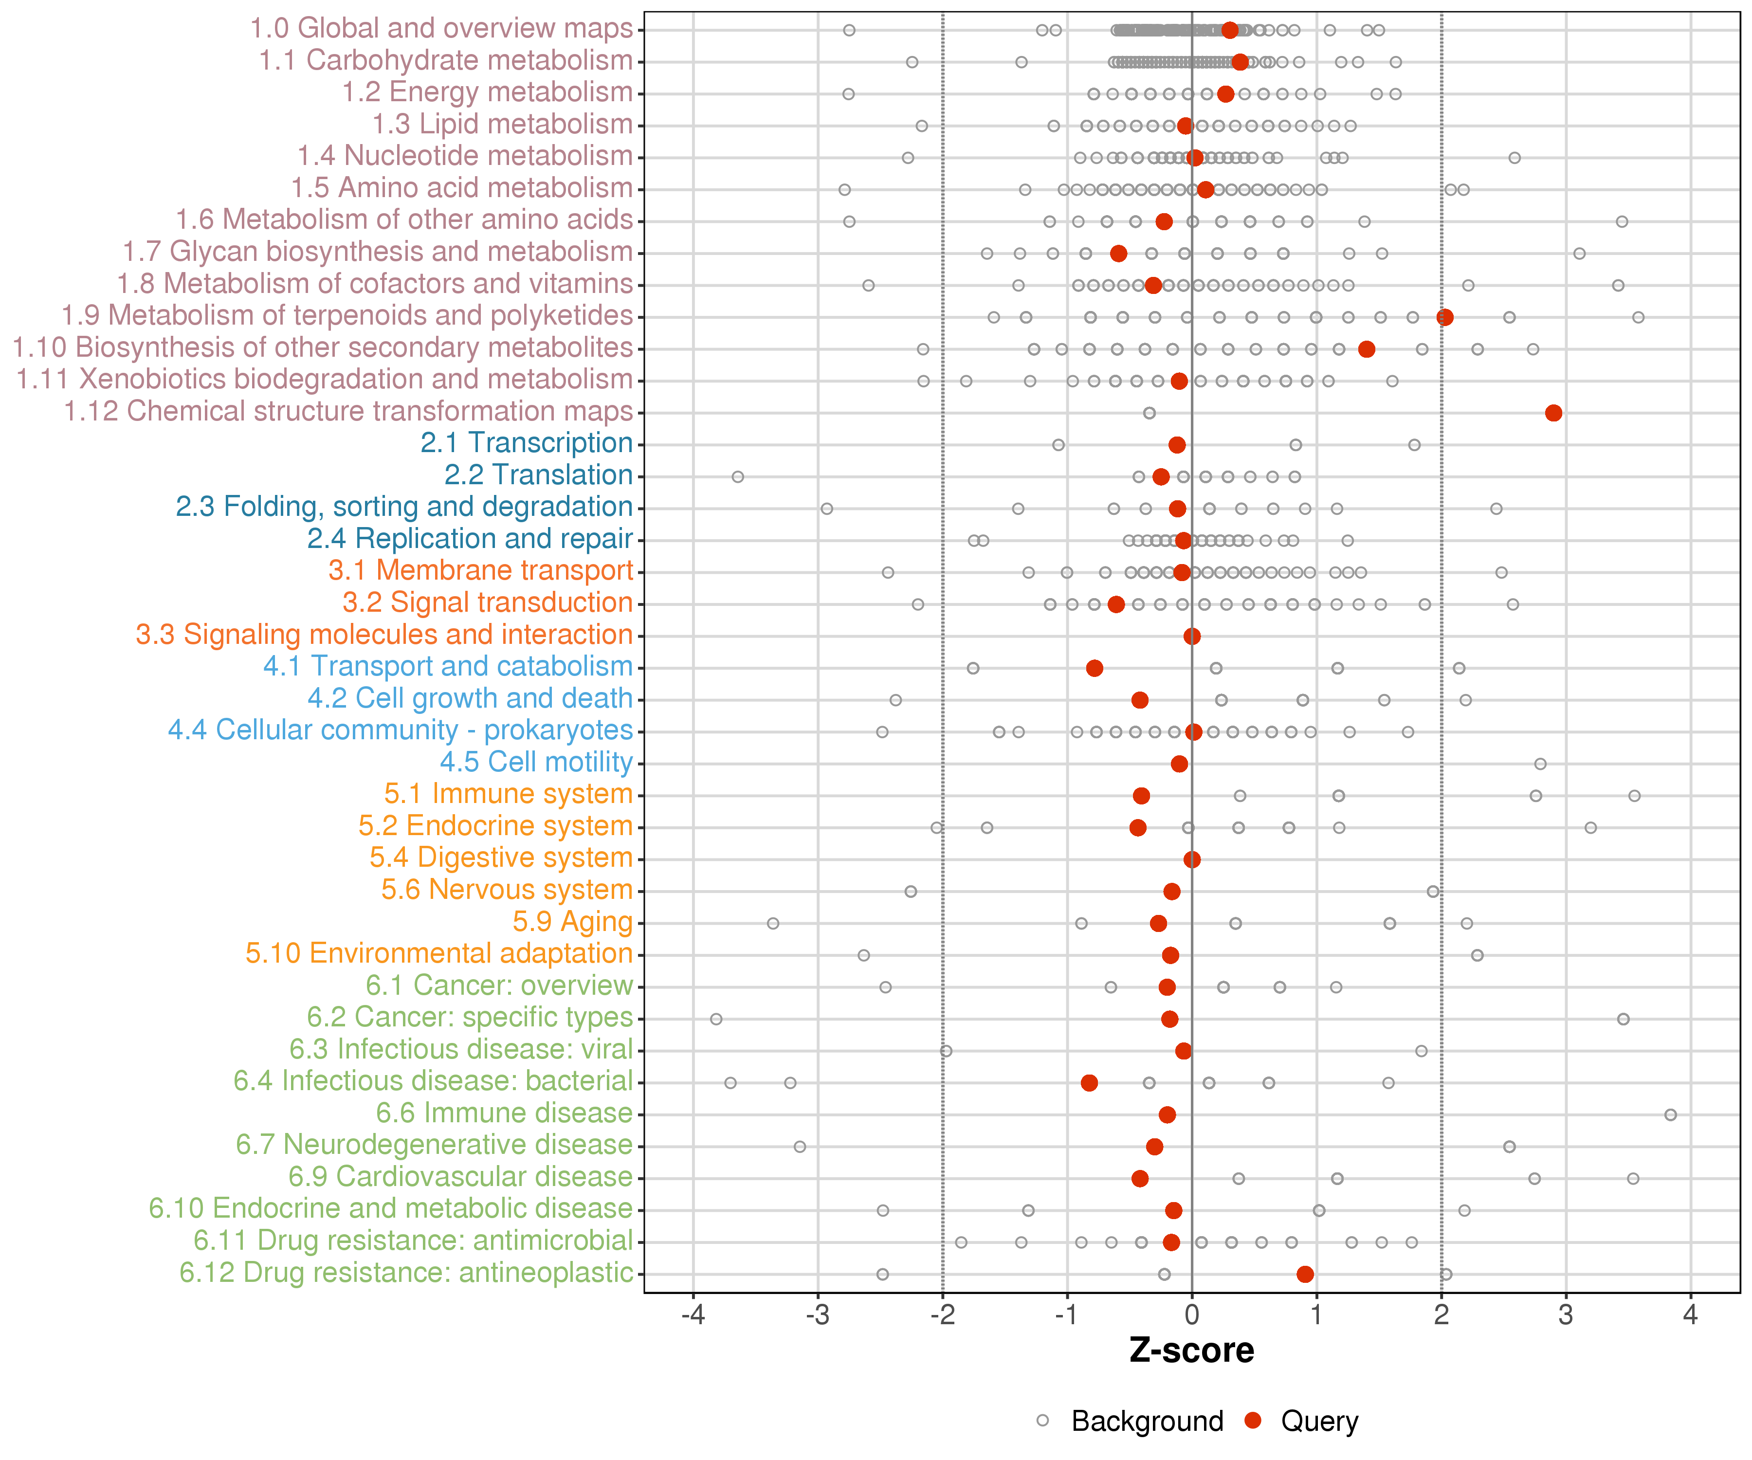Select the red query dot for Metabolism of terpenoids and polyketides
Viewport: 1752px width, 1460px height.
(x=1445, y=317)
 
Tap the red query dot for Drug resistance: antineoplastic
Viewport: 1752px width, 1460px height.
(x=1305, y=1274)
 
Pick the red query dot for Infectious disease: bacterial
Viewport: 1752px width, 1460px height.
(x=1089, y=1083)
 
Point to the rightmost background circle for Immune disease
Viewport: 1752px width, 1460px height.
(x=1670, y=1114)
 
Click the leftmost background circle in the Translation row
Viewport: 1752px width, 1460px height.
(x=737, y=476)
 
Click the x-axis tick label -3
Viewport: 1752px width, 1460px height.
(x=818, y=1315)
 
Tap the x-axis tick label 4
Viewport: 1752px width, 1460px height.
(x=1690, y=1315)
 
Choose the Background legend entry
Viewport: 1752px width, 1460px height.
(x=1131, y=1421)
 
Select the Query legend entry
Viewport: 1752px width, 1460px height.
(x=1301, y=1421)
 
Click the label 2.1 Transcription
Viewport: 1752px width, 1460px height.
(x=527, y=443)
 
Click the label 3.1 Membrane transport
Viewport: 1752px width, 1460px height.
(x=480, y=571)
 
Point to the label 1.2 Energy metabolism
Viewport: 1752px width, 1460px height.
(x=487, y=92)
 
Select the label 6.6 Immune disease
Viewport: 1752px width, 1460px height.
(x=504, y=1113)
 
